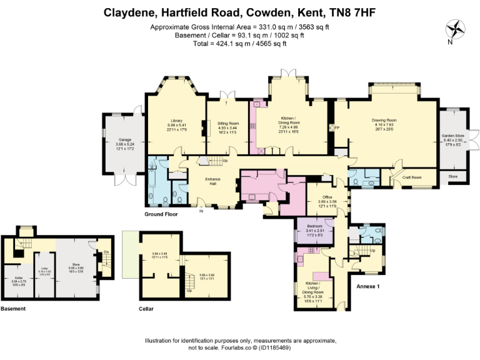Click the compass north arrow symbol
(456, 29)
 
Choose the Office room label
(321, 197)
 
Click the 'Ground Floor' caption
(161, 214)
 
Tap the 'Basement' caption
(13, 309)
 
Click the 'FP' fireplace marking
(337, 127)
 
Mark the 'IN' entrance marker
(201, 211)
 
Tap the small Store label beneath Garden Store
(452, 177)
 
